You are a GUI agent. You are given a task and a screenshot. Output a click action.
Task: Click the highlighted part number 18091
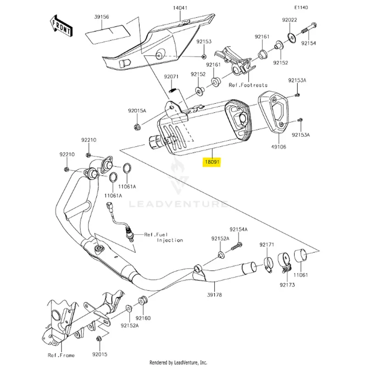click(212, 162)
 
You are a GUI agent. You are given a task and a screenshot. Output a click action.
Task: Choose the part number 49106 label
click(278, 147)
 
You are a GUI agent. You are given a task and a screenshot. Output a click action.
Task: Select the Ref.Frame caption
click(61, 355)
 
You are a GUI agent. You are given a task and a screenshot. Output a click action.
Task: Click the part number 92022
click(289, 20)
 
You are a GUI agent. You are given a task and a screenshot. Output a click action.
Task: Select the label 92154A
click(239, 229)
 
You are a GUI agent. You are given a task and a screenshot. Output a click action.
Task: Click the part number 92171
click(267, 245)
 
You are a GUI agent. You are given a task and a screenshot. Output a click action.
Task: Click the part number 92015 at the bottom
click(99, 355)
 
